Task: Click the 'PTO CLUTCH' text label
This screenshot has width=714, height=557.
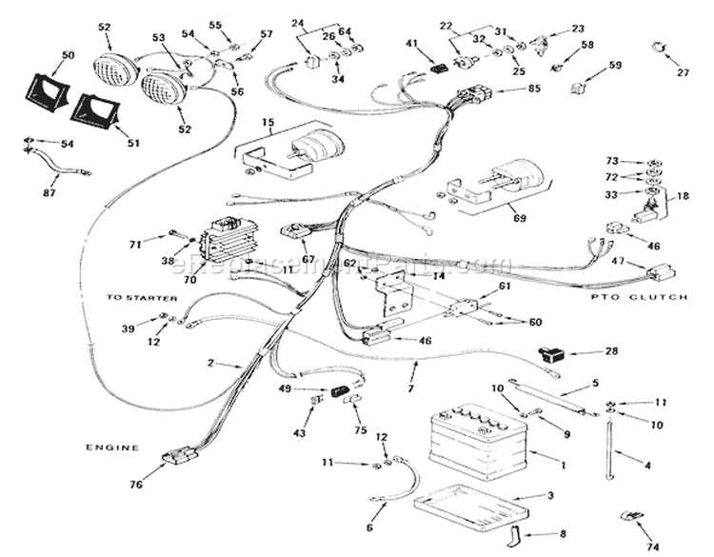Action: pyautogui.click(x=651, y=298)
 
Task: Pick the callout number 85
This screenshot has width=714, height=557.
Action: pyautogui.click(x=532, y=90)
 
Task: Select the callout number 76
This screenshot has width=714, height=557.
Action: pyautogui.click(x=136, y=485)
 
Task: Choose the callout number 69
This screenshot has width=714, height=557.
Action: pyautogui.click(x=519, y=219)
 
